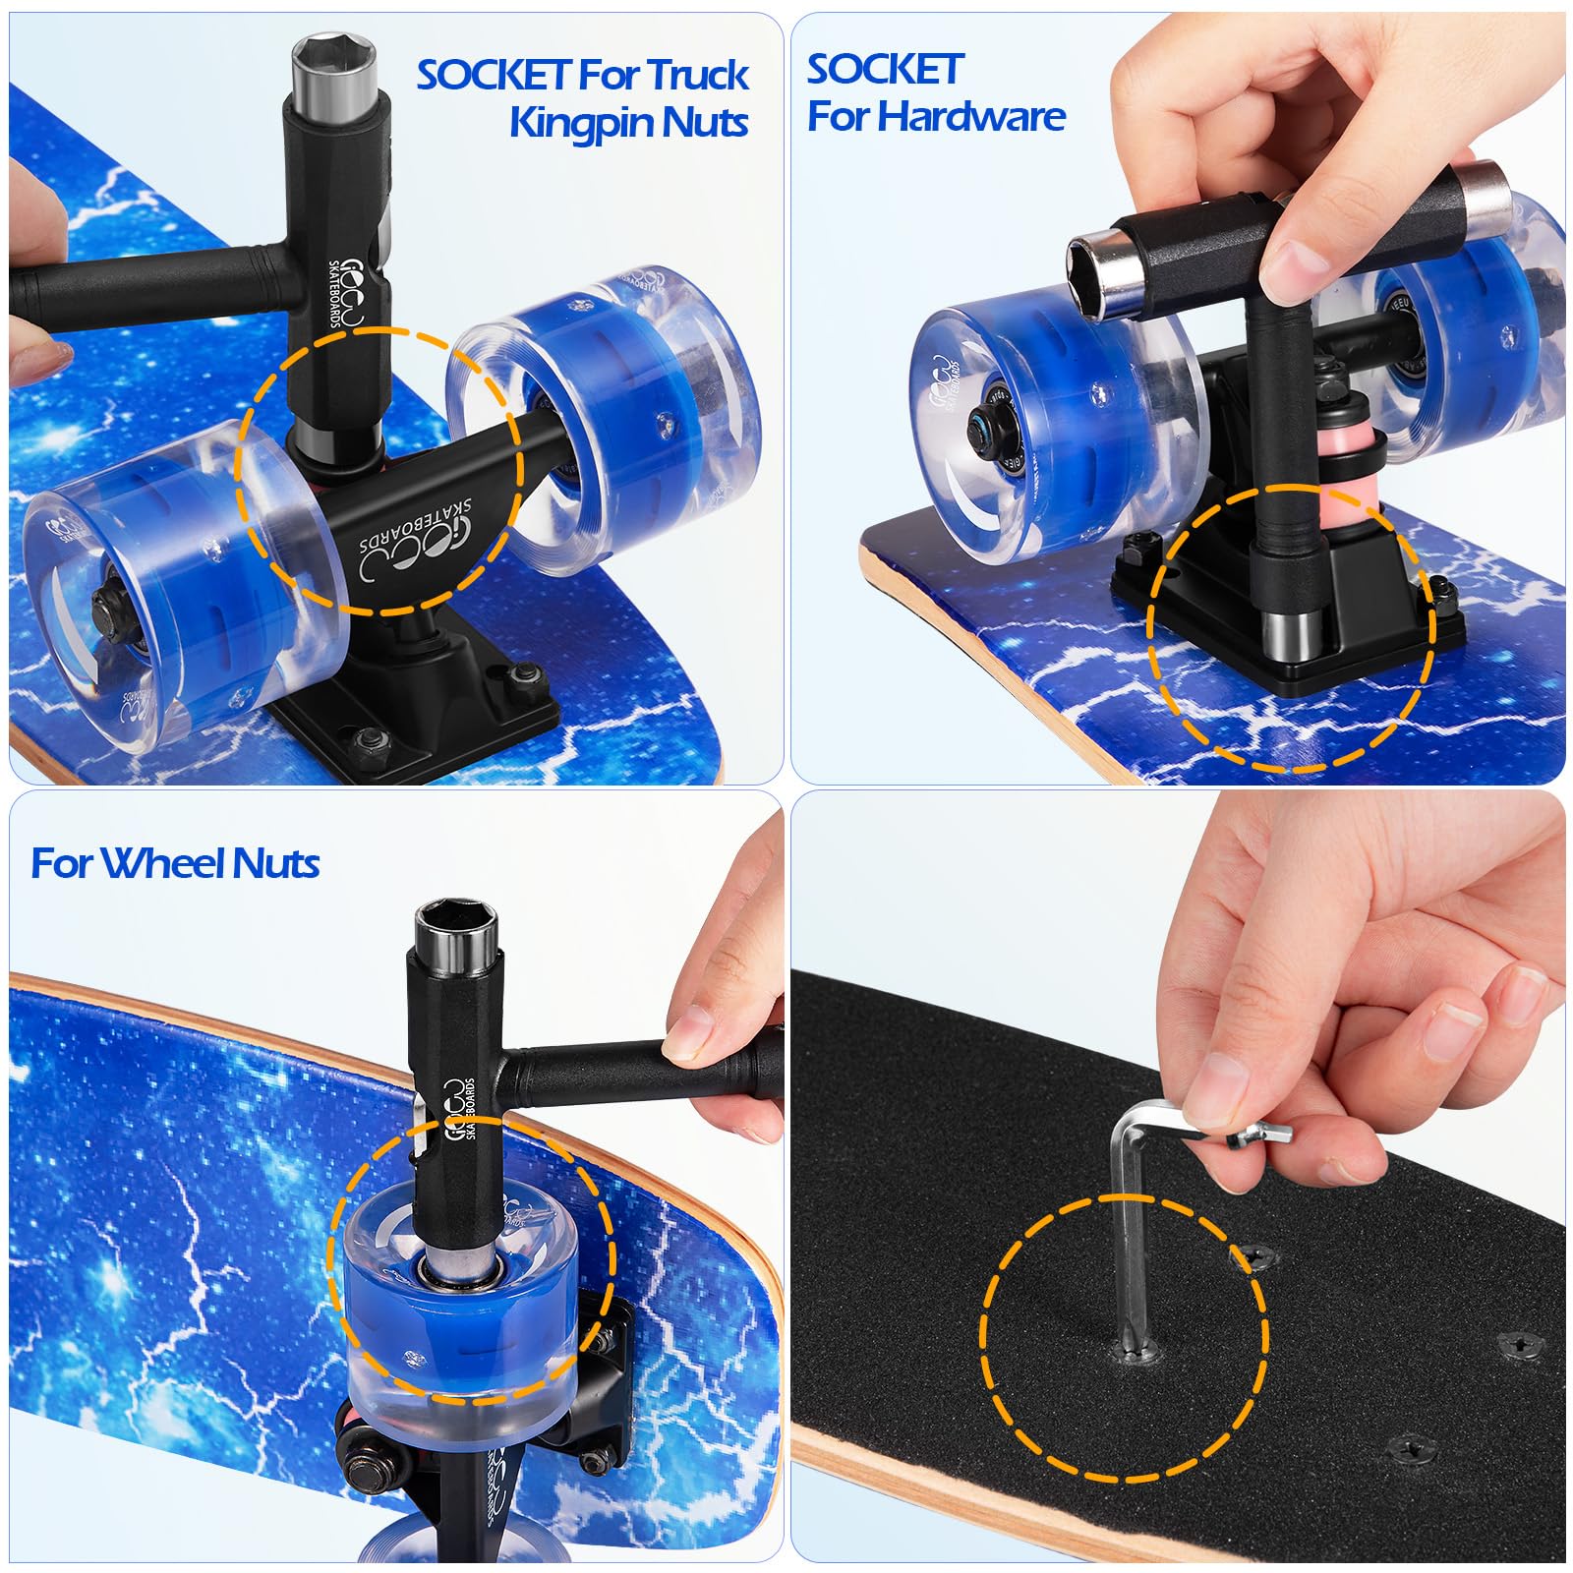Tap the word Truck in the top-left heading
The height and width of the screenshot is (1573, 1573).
click(x=698, y=75)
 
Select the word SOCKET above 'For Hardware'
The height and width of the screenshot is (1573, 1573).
click(x=884, y=69)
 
